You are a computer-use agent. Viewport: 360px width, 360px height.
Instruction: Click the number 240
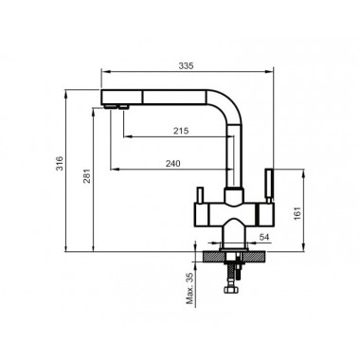click(171, 163)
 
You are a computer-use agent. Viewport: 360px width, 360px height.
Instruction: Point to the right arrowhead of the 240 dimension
click(225, 170)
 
